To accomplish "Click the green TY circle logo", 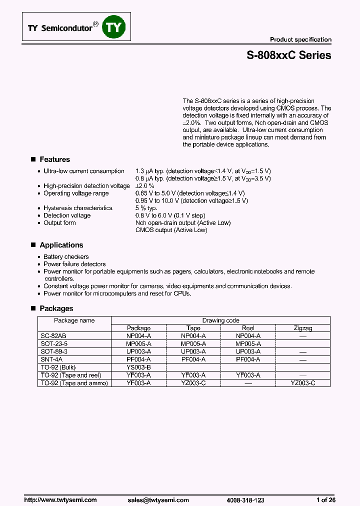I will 113,27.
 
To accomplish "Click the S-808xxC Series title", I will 288,55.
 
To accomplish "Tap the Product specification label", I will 300,39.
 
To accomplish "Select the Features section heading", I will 54,159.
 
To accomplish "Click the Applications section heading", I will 61,245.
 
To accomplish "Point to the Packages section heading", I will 56,308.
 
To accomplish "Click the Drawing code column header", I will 220,320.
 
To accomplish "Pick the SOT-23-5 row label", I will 53,344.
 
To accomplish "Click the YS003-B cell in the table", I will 138,367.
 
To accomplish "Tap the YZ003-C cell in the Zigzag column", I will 303,383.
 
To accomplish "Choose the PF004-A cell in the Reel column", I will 248,359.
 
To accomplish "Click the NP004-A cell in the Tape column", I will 193,336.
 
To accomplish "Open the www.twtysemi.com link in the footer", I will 60,500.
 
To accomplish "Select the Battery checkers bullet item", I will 66,256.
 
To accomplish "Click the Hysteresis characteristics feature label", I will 77,208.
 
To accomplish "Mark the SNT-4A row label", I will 50,359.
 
